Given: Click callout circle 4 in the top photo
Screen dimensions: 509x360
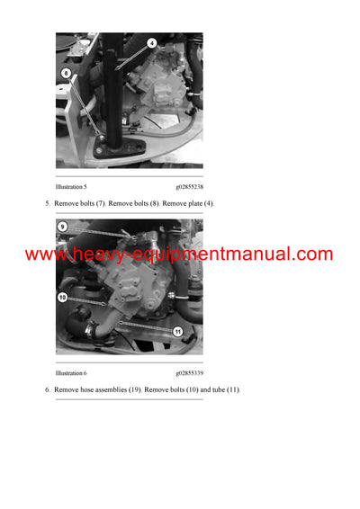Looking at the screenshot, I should point(151,43).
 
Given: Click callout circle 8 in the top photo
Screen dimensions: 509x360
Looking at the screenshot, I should point(66,74).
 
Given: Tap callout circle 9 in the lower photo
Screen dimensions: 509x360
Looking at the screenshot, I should point(63,227).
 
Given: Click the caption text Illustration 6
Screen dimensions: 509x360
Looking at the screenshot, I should point(71,371).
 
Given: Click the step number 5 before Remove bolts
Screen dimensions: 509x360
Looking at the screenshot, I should point(47,204).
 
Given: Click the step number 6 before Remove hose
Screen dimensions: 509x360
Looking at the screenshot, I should point(47,389).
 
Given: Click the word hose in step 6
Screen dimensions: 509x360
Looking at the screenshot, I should point(87,389).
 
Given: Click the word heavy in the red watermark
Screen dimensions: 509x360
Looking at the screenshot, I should point(94,254).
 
